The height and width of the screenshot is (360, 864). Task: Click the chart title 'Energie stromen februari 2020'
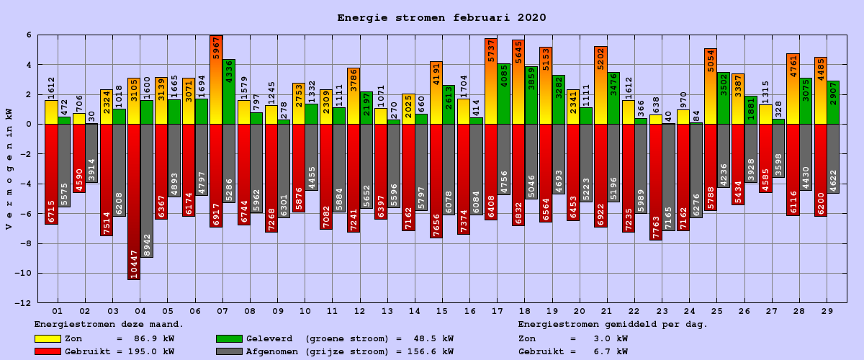(x=441, y=18)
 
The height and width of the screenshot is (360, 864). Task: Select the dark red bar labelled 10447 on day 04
(x=134, y=202)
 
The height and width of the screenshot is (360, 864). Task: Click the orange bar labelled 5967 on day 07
(x=216, y=79)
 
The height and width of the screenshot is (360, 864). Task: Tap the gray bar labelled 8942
(x=147, y=190)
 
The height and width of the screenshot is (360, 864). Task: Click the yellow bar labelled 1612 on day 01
(x=51, y=112)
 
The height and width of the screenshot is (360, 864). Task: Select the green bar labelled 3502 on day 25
(x=724, y=98)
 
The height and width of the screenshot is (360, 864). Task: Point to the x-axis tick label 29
(x=827, y=310)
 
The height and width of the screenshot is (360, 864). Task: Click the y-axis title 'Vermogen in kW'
(x=9, y=169)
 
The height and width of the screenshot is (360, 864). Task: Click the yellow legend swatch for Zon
(x=48, y=338)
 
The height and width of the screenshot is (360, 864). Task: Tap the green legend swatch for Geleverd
(x=229, y=338)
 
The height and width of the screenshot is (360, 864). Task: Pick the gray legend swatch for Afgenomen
(x=229, y=351)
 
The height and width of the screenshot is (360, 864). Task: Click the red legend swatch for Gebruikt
(x=48, y=351)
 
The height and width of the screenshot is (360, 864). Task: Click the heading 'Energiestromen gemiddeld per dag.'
(x=613, y=325)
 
